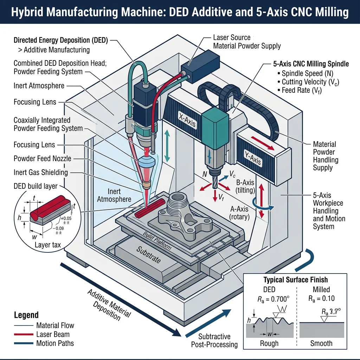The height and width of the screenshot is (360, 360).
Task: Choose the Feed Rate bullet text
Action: click(x=302, y=90)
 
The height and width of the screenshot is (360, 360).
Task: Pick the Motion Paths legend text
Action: click(x=55, y=343)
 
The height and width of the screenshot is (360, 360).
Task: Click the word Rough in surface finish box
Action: click(x=269, y=343)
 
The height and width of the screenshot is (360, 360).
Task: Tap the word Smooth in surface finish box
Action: click(x=321, y=343)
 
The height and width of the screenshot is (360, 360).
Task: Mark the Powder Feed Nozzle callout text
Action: click(x=42, y=159)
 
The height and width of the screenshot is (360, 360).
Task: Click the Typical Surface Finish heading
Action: click(x=295, y=280)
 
